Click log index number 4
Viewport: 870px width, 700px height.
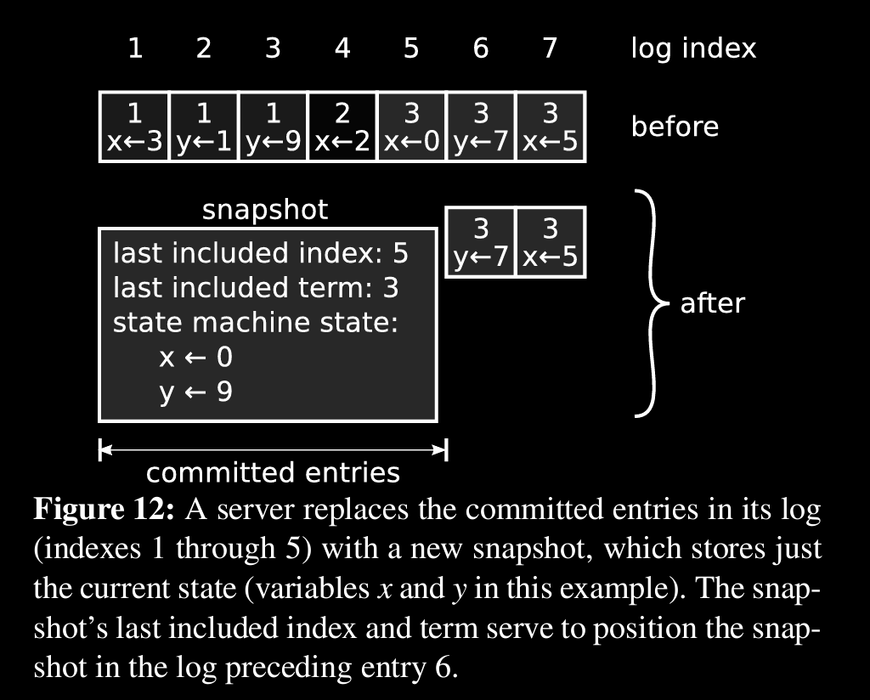point(342,48)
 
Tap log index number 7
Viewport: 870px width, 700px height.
point(550,48)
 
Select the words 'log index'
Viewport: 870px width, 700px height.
point(692,48)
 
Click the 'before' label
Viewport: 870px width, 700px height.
point(675,127)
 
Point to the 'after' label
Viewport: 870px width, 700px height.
point(712,303)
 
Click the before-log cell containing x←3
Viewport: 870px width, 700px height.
point(134,127)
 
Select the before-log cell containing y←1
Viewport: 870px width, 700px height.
point(204,127)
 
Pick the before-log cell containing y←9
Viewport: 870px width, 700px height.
point(273,127)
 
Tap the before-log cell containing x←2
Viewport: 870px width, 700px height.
point(342,127)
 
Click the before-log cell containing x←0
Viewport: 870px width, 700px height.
point(411,127)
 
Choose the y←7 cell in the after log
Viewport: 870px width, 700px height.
point(481,242)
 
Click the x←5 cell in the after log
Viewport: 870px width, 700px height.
point(551,242)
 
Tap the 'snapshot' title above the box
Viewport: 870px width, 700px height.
point(264,211)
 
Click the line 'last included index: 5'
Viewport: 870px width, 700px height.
point(260,253)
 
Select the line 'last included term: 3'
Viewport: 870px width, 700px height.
point(255,288)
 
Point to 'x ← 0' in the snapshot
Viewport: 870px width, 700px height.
point(195,358)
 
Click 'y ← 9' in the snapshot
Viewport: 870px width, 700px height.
point(195,392)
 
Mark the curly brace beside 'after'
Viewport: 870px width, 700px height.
point(649,303)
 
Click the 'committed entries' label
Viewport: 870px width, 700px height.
point(273,472)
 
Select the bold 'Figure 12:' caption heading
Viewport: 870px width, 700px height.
point(105,510)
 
